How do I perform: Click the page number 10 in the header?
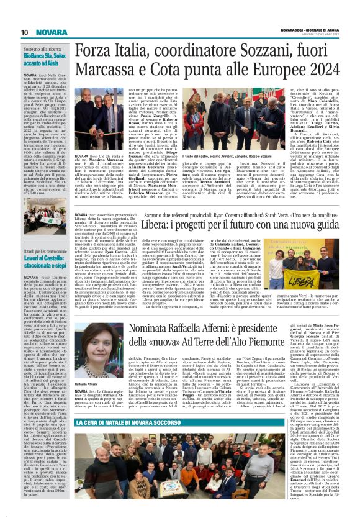pyautogui.click(x=25, y=32)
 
